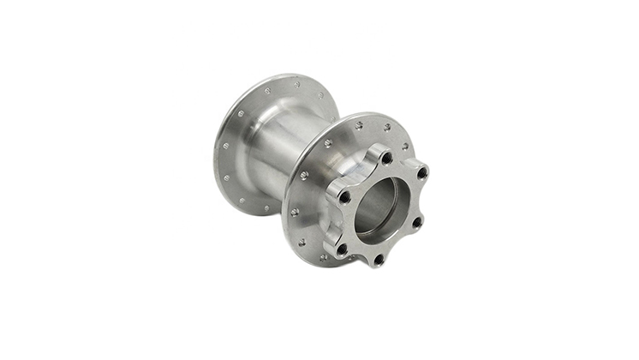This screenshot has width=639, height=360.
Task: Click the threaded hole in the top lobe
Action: pos(386,159)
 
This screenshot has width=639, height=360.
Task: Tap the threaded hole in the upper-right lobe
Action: pos(421,173)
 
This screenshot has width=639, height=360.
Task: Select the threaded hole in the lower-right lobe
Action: pos(416,221)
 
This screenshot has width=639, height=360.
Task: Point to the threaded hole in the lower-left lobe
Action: pos(342,249)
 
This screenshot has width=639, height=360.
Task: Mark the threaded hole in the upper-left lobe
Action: pos(344,197)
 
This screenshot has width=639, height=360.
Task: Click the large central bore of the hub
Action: pos(377,208)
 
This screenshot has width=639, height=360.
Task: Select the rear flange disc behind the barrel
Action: pos(230,154)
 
